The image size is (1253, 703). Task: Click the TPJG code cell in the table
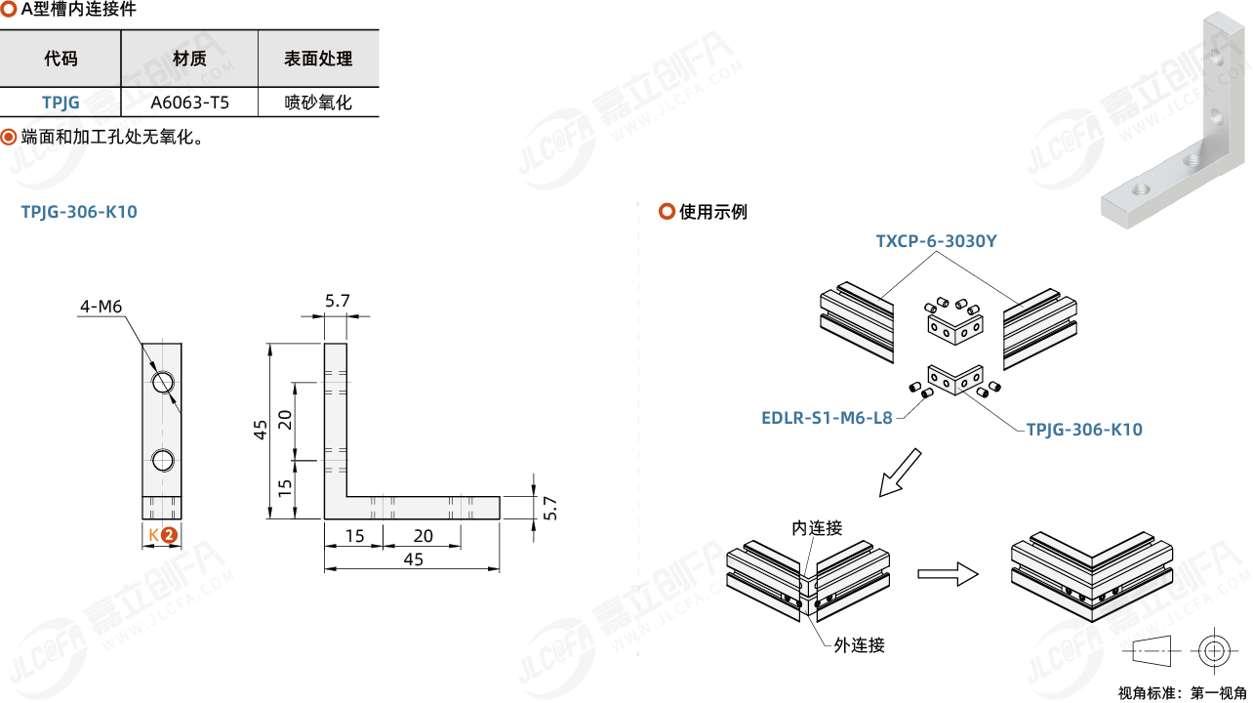coord(61,102)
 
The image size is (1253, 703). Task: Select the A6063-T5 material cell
coord(189,102)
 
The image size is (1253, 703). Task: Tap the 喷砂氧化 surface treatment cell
coord(318,102)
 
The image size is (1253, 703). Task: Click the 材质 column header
coord(189,59)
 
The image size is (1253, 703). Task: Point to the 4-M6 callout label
coord(101,307)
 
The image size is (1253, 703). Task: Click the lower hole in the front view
coord(164,459)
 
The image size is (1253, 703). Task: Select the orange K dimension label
coord(154,535)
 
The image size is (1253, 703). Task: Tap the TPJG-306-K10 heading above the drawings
coord(79,212)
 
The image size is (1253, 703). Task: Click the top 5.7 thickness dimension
coord(338,301)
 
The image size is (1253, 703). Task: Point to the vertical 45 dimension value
coord(261,430)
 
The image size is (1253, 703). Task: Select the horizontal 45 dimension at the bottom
coord(414,559)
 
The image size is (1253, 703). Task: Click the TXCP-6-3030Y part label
coord(936,240)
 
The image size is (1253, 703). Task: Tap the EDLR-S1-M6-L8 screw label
coord(827,418)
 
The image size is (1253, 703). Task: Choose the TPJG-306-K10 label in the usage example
coord(1084,430)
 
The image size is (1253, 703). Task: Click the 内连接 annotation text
coord(817,528)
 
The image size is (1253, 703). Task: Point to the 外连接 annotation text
coord(859,644)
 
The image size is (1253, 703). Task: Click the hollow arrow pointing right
coord(948,573)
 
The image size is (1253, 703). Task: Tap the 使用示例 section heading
coord(712,212)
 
